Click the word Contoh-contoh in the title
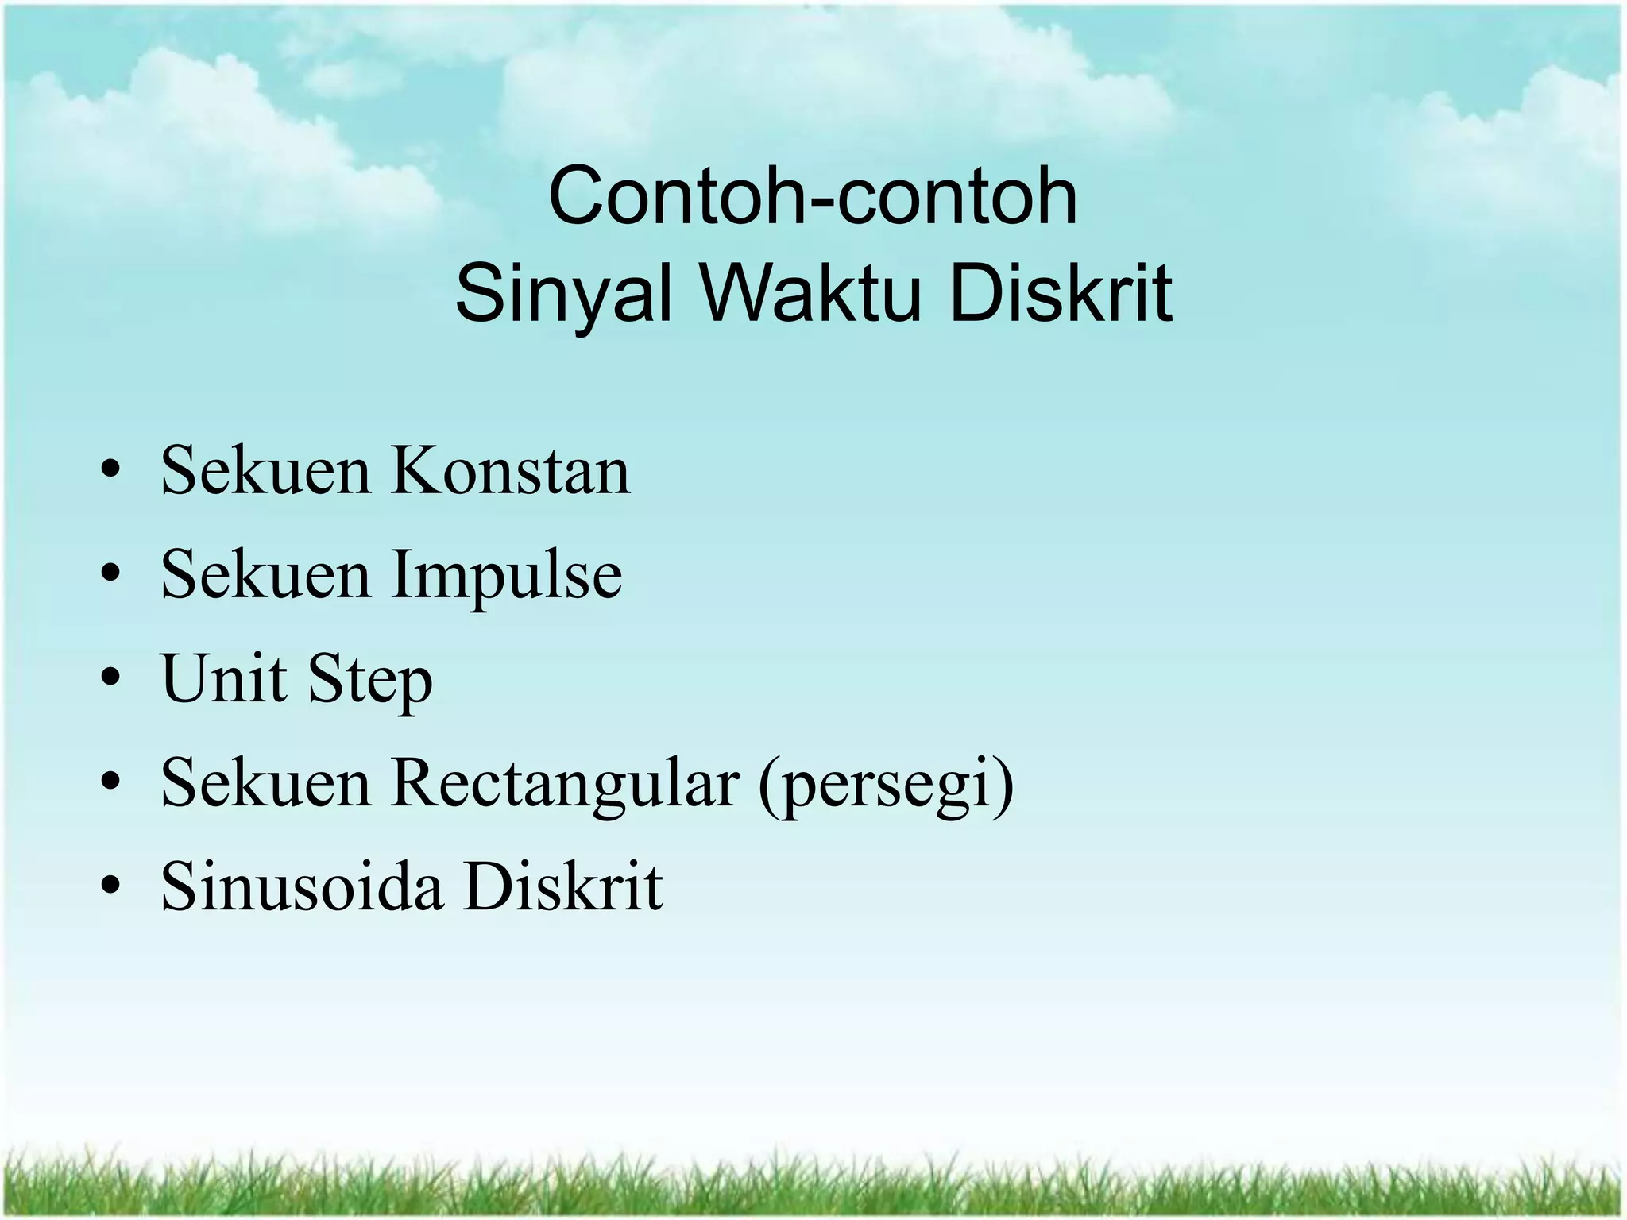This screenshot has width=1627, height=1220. click(813, 196)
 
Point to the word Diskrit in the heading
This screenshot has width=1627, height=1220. click(1061, 293)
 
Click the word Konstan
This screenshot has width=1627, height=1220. click(511, 471)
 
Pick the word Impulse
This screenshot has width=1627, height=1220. click(506, 576)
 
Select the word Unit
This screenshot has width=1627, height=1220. click(223, 679)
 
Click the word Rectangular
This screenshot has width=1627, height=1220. click(565, 784)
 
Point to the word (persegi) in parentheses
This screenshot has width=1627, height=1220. click(886, 786)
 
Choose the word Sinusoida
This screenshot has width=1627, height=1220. click(301, 887)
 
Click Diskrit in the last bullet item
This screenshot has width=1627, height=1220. click(563, 887)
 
